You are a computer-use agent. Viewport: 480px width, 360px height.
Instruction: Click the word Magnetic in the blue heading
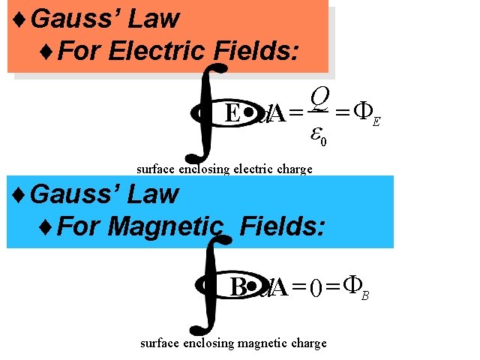click(166, 226)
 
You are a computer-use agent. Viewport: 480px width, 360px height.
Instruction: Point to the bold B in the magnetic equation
click(238, 288)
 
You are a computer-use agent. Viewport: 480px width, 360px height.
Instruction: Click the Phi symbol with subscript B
click(352, 285)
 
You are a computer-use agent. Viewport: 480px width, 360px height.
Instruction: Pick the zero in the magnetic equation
click(316, 288)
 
